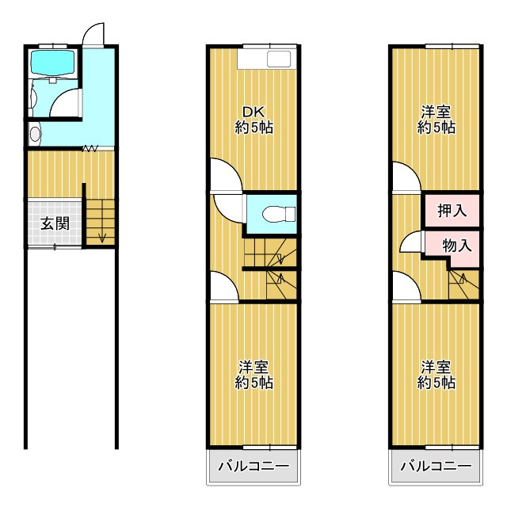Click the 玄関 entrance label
(x=55, y=223)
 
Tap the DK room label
(x=253, y=112)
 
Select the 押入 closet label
(x=452, y=212)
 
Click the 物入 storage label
(x=456, y=245)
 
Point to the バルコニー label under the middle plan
(x=254, y=466)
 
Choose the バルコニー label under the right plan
(x=435, y=466)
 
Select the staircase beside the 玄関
(x=101, y=222)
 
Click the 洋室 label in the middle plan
(x=254, y=368)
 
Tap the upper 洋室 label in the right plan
(x=436, y=112)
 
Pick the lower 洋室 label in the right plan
(x=436, y=368)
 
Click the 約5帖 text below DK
(x=254, y=128)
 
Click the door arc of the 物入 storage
(x=412, y=242)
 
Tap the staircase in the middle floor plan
(x=269, y=269)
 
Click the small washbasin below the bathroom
(x=34, y=134)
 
